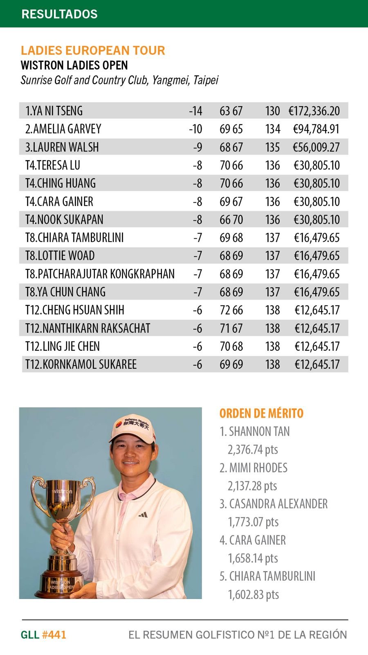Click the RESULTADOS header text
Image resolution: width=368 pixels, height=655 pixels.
59,14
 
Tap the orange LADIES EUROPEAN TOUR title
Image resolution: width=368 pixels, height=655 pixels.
93,50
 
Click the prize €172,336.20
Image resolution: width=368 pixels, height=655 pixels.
314,111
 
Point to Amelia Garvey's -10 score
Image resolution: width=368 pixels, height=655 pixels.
195,129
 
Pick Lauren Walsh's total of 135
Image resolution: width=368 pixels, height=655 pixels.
272,147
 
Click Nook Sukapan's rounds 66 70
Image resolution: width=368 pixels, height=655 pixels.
231,219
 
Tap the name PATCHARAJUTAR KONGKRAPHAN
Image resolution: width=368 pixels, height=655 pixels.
100,274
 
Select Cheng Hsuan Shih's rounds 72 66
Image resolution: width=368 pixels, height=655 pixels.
231,310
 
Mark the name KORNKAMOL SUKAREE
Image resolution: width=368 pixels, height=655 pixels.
81,364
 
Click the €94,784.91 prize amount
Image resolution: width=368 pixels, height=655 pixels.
316,129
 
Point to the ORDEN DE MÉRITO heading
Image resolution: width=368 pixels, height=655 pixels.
261,413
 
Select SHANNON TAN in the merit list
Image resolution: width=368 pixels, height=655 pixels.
259,431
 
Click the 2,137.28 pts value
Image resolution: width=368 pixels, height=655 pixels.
252,486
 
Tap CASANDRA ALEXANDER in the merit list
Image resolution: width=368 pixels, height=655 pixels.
278,504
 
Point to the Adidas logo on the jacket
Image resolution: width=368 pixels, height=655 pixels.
143,515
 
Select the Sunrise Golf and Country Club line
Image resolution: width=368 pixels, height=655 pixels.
119,80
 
